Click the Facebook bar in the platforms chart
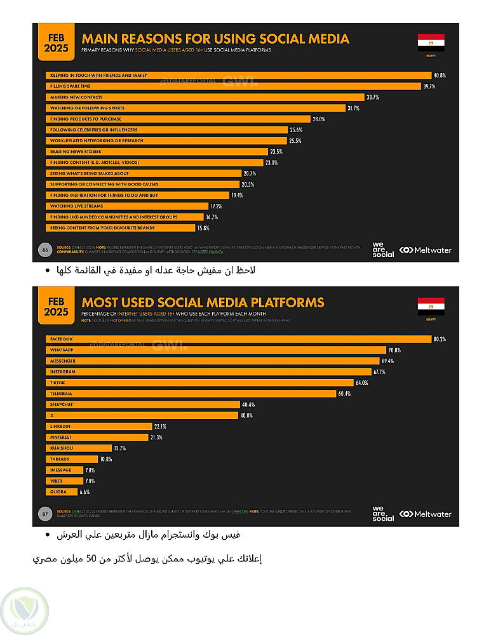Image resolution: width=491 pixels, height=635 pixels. [238, 339]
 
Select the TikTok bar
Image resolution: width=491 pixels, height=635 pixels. [199, 383]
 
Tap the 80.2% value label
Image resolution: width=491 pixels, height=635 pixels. [440, 339]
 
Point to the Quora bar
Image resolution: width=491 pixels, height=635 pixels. [62, 491]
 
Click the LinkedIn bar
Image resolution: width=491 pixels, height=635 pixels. [99, 426]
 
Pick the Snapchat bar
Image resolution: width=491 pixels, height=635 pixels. [142, 404]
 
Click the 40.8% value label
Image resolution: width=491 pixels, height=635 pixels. [440, 76]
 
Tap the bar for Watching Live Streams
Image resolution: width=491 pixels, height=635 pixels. [127, 206]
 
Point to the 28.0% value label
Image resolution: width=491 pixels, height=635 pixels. [318, 119]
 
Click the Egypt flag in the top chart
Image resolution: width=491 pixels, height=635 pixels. [431, 42]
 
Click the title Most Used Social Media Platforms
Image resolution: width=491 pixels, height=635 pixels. [203, 302]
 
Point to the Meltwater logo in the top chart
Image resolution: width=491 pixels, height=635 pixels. [425, 250]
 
